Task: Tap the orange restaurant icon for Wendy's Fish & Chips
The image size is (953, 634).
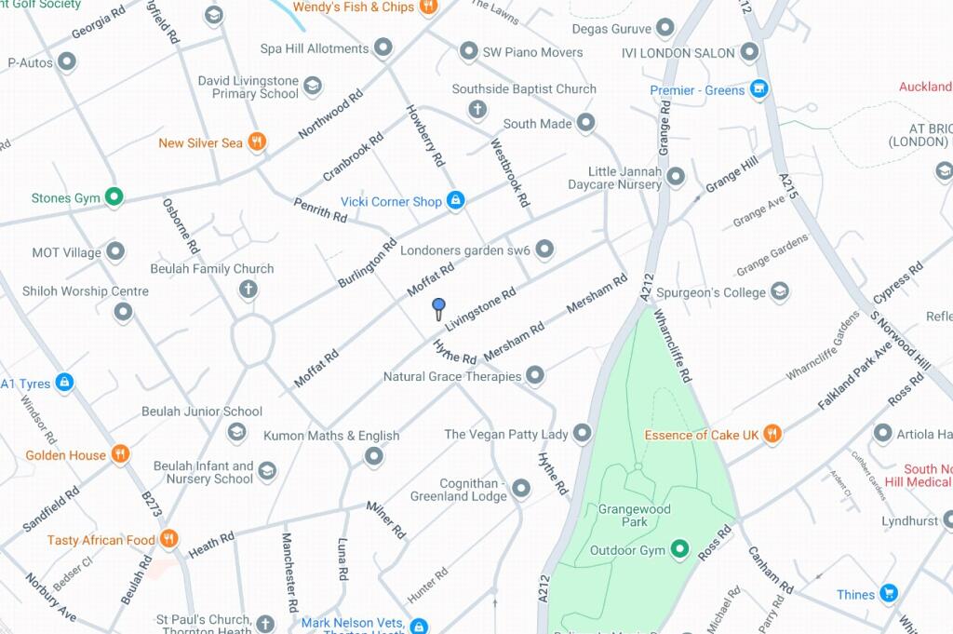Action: click(x=428, y=7)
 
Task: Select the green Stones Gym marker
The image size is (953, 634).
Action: click(x=114, y=197)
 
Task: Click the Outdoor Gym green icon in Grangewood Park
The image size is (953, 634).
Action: click(x=680, y=550)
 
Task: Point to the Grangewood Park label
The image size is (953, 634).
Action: click(x=635, y=516)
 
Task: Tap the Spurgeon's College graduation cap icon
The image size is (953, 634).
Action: click(x=780, y=292)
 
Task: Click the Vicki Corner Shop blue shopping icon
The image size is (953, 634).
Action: click(x=455, y=201)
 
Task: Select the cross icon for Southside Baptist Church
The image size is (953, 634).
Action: click(x=477, y=111)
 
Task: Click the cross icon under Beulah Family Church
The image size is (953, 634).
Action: click(x=248, y=290)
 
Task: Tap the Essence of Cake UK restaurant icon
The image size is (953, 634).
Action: click(x=772, y=434)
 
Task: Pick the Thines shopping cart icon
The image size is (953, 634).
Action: click(x=889, y=594)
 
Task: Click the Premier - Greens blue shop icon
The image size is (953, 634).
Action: click(x=759, y=90)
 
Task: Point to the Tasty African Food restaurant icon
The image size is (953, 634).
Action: click(x=168, y=540)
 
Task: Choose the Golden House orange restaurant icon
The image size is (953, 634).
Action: click(x=119, y=455)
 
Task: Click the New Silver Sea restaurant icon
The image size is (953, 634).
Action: click(x=257, y=142)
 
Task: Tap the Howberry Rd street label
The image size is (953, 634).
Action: click(x=424, y=135)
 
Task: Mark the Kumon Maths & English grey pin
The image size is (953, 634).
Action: click(x=373, y=456)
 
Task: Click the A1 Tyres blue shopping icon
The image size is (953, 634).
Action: click(x=63, y=383)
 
